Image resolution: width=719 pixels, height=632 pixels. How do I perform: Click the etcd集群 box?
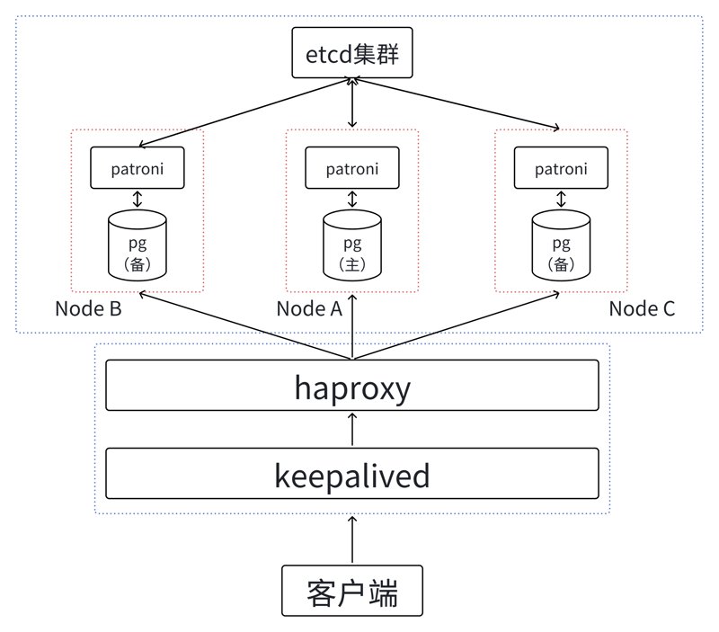352,53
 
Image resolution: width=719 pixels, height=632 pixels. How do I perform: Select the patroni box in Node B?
138,168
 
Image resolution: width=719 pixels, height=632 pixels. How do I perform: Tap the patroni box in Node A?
352,168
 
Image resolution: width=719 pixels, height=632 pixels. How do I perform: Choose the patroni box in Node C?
561,168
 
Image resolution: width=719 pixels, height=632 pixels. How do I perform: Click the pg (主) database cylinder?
352,245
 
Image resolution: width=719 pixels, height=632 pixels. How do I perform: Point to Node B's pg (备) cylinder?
138,245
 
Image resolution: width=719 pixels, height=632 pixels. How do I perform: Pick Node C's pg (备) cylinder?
561,245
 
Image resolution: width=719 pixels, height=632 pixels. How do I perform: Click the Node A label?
309,308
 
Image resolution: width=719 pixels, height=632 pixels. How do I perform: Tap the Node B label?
88,308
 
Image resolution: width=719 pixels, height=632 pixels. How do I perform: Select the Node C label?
642,308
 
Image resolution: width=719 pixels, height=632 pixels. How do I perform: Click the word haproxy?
352,388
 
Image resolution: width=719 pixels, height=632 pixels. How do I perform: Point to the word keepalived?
352,476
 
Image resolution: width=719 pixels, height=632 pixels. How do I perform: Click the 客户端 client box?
352,591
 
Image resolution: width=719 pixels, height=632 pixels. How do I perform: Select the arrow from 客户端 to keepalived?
352,539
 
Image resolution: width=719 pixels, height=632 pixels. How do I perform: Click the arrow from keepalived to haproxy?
352,429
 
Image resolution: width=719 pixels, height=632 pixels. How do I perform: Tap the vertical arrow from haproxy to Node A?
352,326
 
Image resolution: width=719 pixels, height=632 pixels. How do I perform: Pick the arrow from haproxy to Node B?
245,325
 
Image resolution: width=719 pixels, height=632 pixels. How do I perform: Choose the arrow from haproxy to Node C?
457,325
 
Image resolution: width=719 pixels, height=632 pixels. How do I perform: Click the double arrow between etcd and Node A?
352,102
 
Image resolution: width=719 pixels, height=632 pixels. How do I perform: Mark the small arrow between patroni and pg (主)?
352,199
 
